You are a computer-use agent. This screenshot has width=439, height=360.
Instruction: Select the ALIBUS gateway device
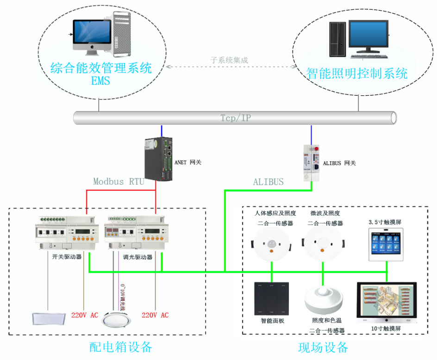(x=311, y=163)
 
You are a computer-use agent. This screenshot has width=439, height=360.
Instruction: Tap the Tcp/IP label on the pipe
(x=235, y=118)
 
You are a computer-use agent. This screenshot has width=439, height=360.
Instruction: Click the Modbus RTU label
(x=119, y=181)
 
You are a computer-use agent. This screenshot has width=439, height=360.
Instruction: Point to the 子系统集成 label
(x=229, y=60)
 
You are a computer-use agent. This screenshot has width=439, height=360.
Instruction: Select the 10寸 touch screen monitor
(x=386, y=303)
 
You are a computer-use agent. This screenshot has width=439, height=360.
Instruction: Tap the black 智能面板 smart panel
(x=271, y=298)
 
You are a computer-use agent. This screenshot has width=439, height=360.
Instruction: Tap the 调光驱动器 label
(x=138, y=257)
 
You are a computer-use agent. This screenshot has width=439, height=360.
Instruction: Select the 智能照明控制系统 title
(x=357, y=74)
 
